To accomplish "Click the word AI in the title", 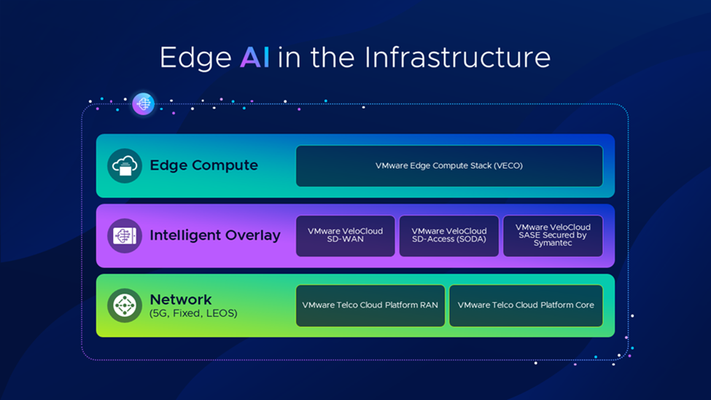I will pyautogui.click(x=255, y=58).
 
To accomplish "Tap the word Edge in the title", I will pyautogui.click(x=195, y=58).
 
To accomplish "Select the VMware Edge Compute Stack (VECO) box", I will pyautogui.click(x=449, y=166).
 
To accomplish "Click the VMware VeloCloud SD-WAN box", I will pyautogui.click(x=345, y=235).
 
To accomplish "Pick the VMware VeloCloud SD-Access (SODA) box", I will pyautogui.click(x=448, y=235).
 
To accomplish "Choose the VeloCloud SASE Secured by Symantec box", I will pyautogui.click(x=553, y=235).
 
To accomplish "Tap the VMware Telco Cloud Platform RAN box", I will pyautogui.click(x=370, y=305).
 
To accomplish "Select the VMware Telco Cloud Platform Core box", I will pyautogui.click(x=526, y=305).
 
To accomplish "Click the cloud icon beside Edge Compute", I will pyautogui.click(x=125, y=165).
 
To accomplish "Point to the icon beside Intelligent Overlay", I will pyautogui.click(x=125, y=236).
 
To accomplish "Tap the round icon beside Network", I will pyautogui.click(x=125, y=305).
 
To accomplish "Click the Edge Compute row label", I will pyautogui.click(x=203, y=165).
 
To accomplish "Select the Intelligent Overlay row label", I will pyautogui.click(x=215, y=235).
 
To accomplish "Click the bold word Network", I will pyautogui.click(x=181, y=299).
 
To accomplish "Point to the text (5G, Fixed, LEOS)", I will pyautogui.click(x=193, y=314).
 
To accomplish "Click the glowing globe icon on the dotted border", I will pyautogui.click(x=144, y=104).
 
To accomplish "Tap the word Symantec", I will pyautogui.click(x=553, y=243).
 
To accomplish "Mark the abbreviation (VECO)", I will pyautogui.click(x=507, y=166).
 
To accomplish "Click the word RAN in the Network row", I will pyautogui.click(x=429, y=305).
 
